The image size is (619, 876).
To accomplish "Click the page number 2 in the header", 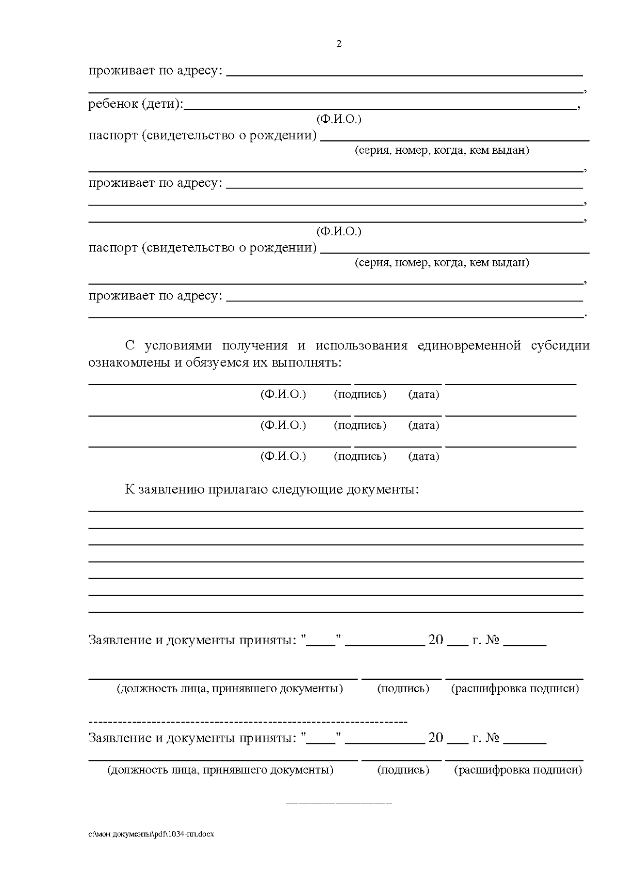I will (x=339, y=44).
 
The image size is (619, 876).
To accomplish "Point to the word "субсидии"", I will (x=560, y=345).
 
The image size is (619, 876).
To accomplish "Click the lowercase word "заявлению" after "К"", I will (x=171, y=489).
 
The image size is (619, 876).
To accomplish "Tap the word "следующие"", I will (x=306, y=489).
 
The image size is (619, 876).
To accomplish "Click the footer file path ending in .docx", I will (x=151, y=835).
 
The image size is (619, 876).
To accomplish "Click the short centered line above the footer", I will (x=339, y=804).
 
